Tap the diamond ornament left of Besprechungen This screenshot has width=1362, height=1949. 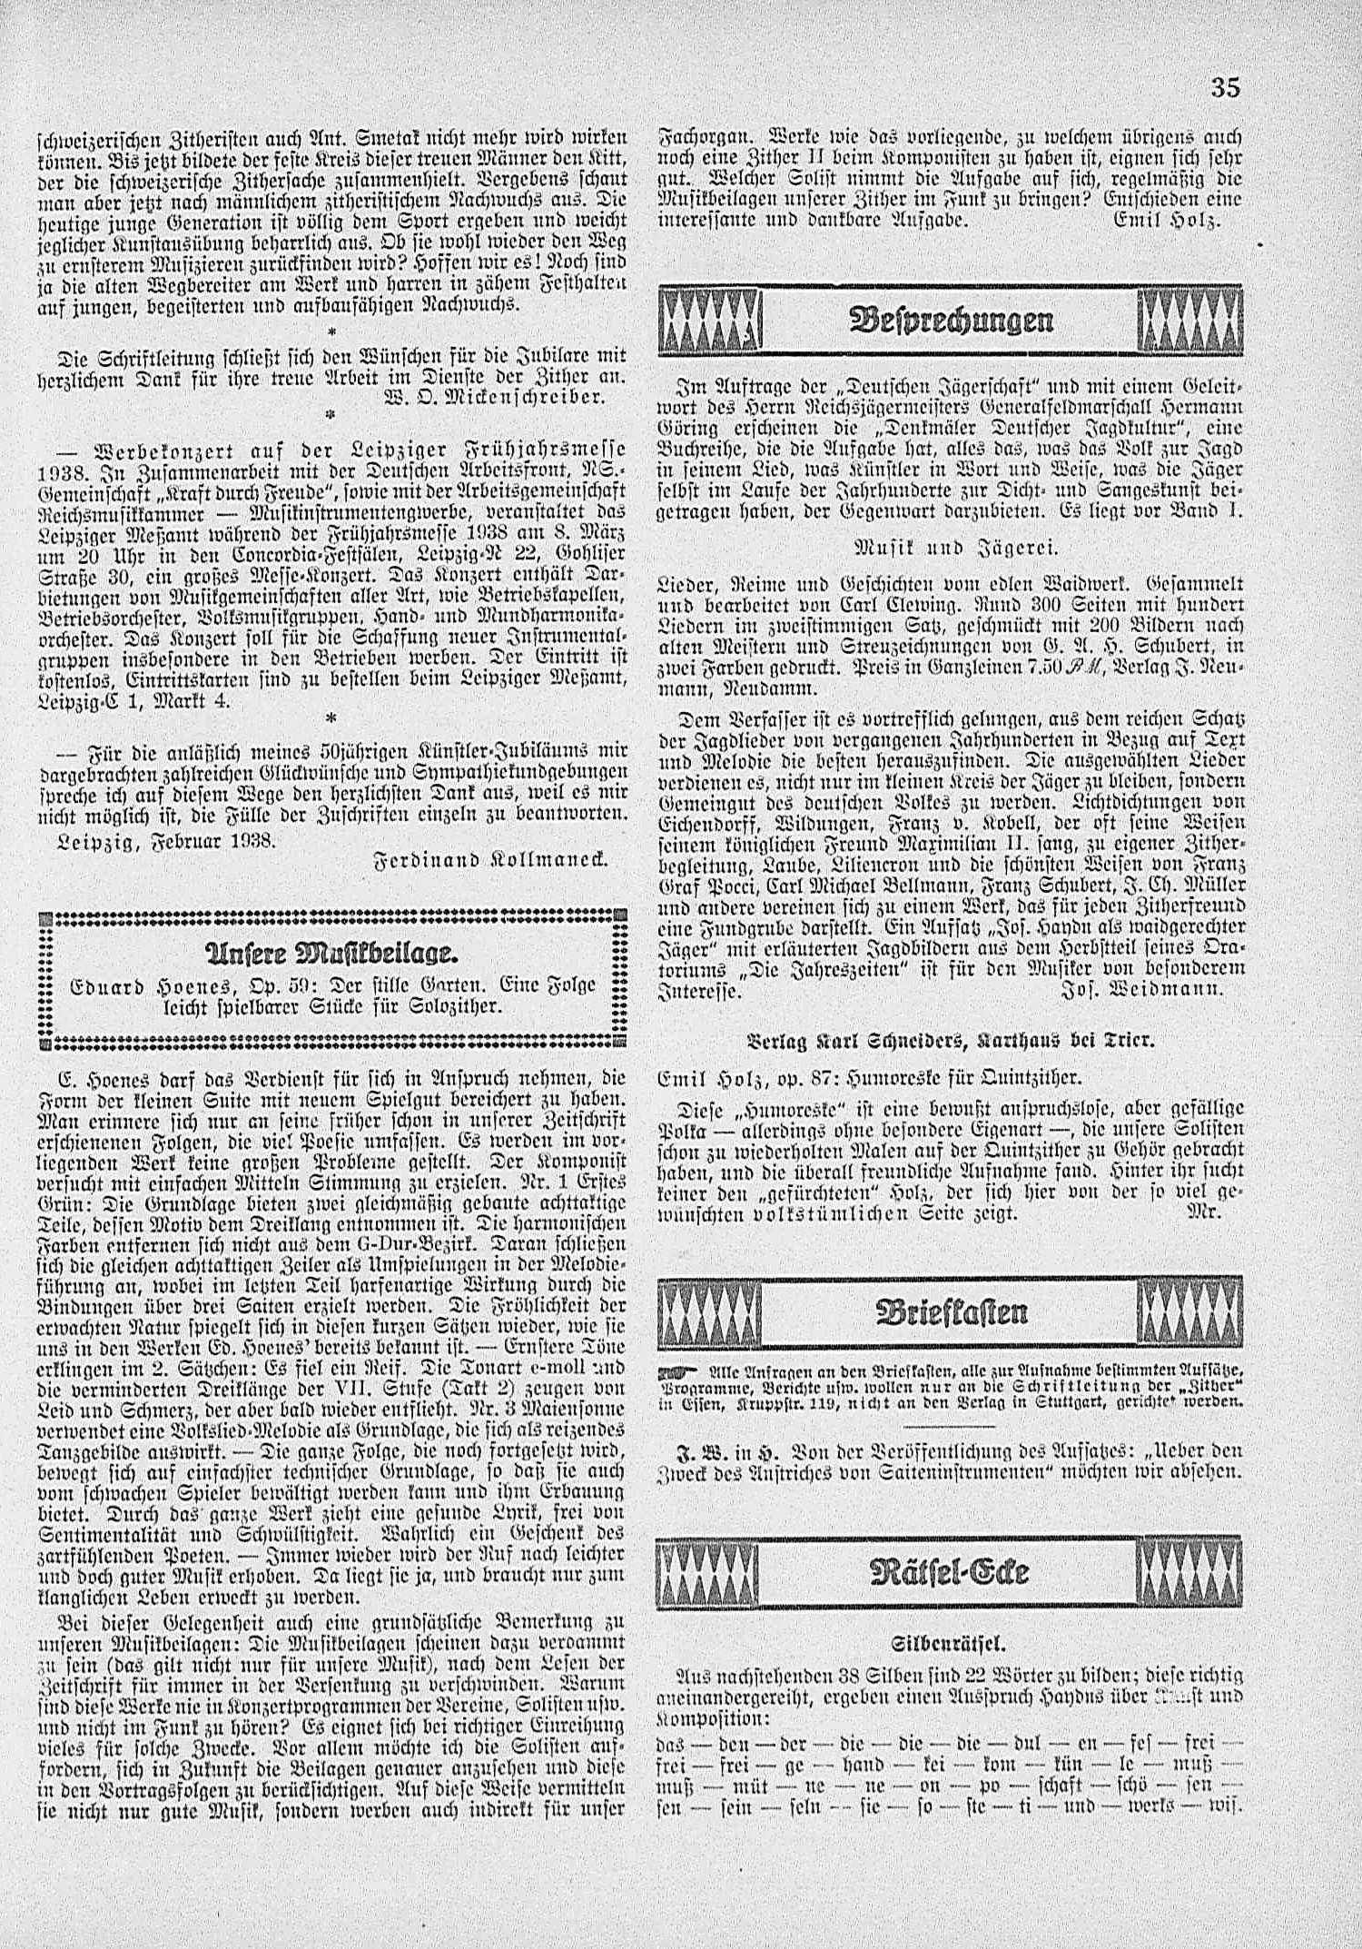coord(713,321)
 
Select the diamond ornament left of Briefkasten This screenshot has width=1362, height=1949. coord(713,1312)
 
